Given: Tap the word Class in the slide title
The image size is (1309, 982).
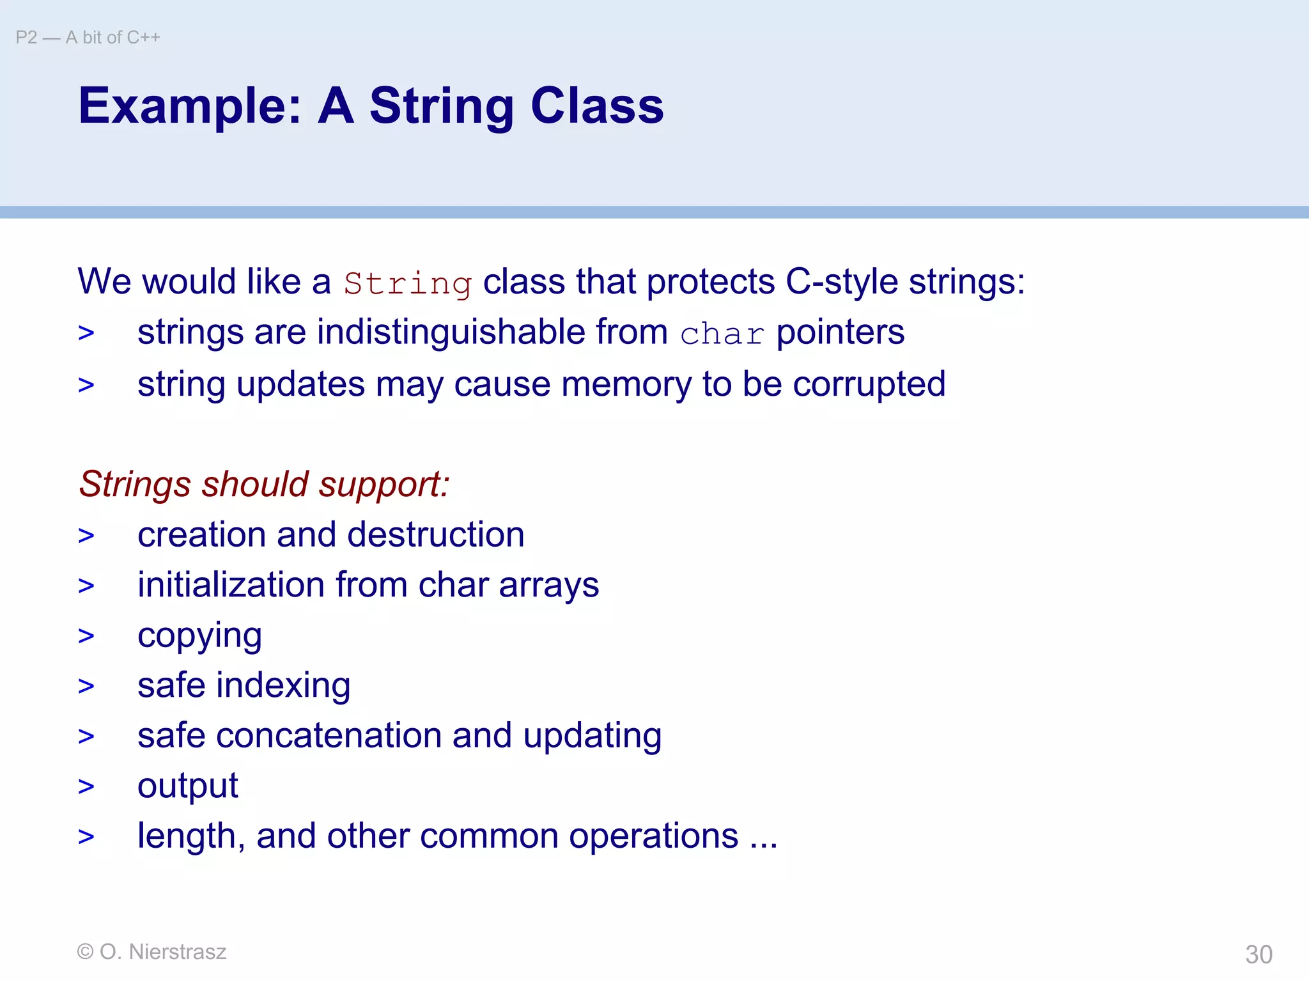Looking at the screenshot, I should click(597, 106).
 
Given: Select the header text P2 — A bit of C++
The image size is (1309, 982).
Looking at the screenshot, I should click(88, 38).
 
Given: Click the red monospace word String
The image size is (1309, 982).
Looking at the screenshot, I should click(407, 283).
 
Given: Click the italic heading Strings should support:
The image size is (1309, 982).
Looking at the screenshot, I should click(264, 484).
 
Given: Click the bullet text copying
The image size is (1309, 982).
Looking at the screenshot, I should click(199, 636).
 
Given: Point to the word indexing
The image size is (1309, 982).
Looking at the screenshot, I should click(283, 685).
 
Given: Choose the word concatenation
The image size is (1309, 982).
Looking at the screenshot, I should click(329, 736).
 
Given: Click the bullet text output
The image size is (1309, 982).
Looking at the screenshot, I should click(187, 786).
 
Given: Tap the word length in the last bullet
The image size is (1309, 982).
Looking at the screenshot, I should click(187, 836).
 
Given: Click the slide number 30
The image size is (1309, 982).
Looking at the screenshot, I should click(1259, 955).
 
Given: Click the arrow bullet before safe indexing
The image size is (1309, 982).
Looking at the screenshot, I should click(86, 686).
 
